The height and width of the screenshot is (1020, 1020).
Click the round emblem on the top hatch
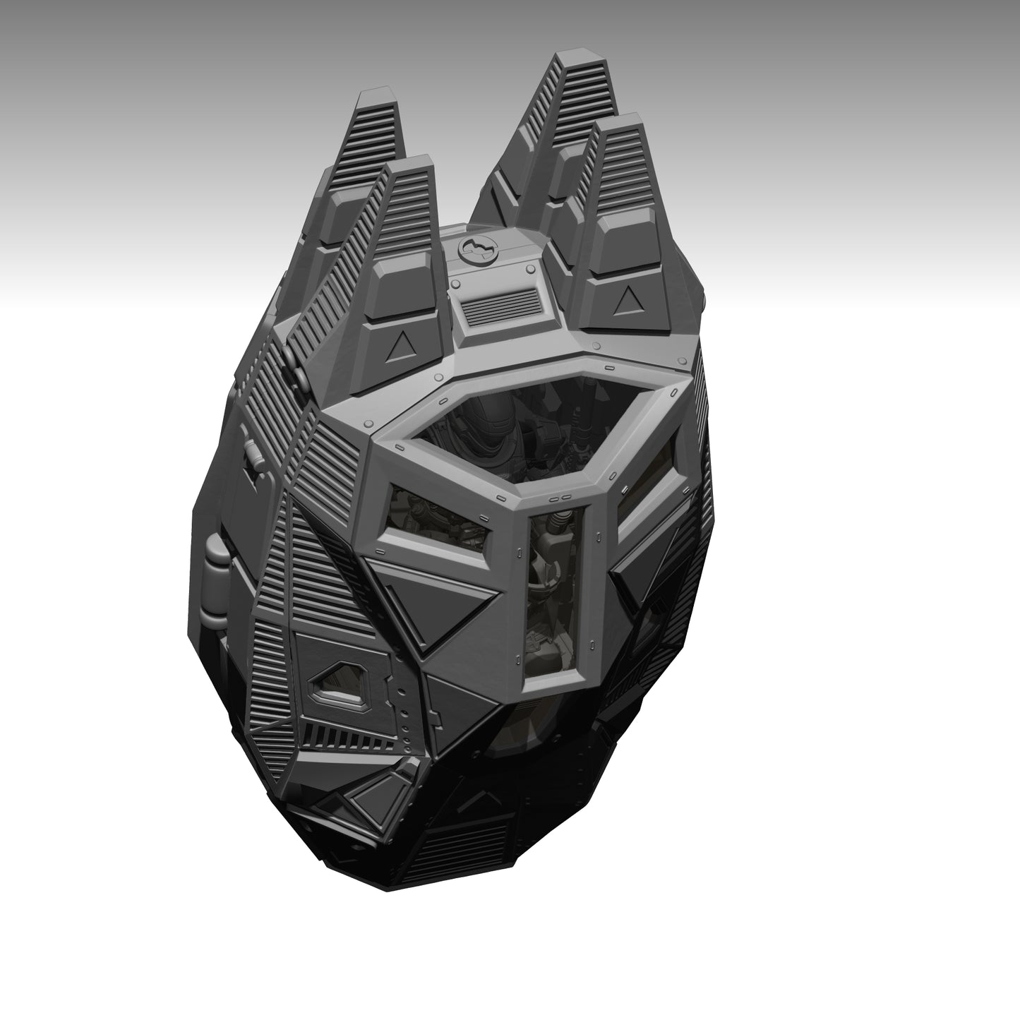click(x=477, y=247)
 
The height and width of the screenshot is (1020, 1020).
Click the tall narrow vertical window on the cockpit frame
click(x=555, y=593)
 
